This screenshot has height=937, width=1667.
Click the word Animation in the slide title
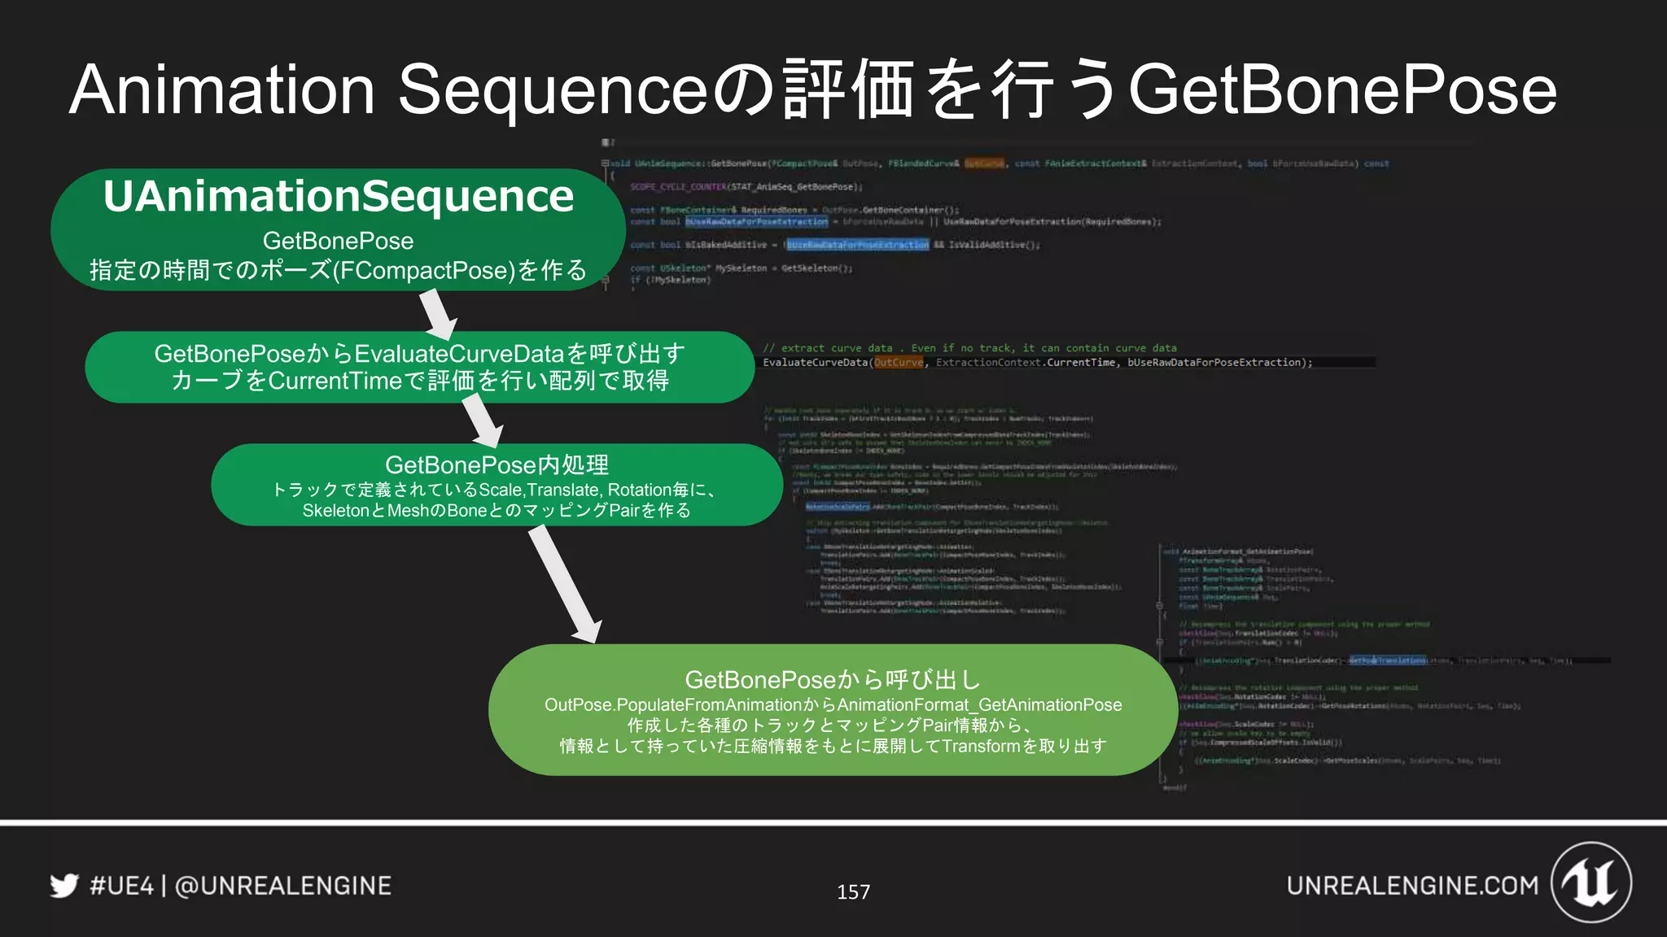[221, 89]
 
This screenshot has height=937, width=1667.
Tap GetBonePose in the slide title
[1343, 89]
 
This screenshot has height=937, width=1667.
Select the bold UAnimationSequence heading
[339, 197]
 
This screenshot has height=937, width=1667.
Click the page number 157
[853, 892]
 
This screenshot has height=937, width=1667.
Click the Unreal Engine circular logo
[1591, 883]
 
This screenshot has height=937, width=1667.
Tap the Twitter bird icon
[64, 885]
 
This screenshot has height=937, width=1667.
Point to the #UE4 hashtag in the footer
[121, 885]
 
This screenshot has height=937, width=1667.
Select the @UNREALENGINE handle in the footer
[282, 885]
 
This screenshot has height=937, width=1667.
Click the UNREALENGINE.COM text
[1412, 885]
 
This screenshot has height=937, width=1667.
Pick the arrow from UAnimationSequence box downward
[438, 313]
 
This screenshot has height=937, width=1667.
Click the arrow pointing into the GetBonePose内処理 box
[482, 420]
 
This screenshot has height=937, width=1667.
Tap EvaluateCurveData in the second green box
[460, 354]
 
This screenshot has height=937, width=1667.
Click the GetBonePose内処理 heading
[497, 464]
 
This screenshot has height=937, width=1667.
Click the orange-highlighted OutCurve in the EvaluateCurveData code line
[899, 363]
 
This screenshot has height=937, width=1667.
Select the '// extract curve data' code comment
[827, 348]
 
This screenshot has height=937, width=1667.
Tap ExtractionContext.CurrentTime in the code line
[1026, 363]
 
